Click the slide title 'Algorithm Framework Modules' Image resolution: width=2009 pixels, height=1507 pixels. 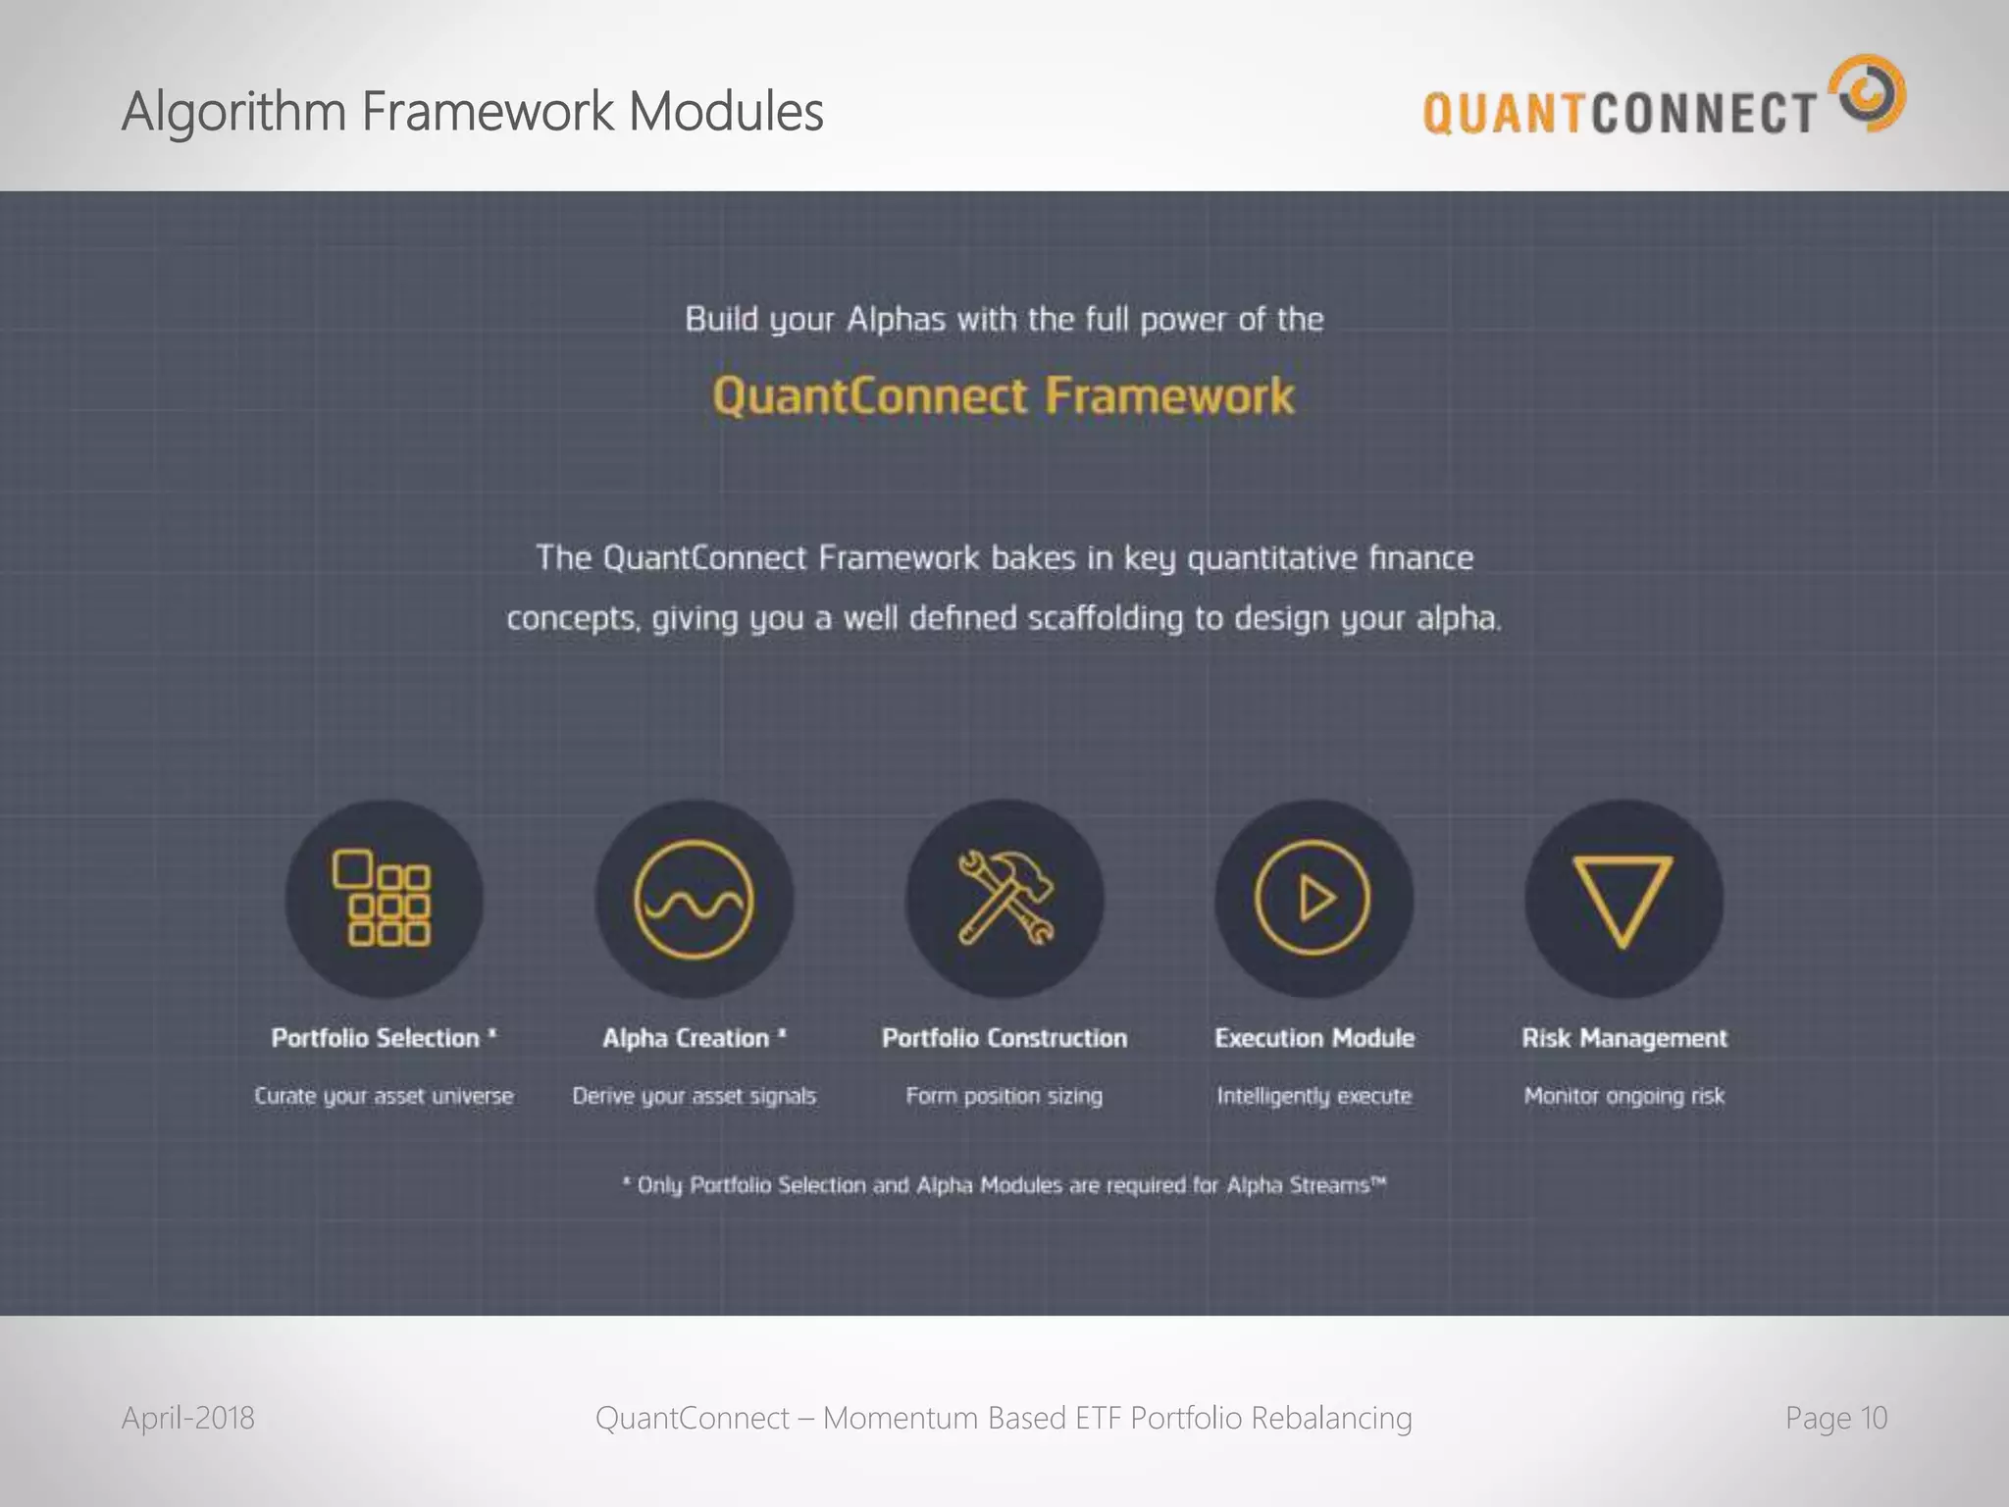[x=472, y=111]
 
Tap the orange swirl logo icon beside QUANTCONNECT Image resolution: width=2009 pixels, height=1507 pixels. [x=1872, y=93]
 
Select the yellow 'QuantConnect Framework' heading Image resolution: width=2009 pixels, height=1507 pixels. [x=1004, y=396]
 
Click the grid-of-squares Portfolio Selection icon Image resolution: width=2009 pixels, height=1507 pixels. [x=384, y=899]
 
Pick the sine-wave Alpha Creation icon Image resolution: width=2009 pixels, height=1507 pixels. [x=694, y=899]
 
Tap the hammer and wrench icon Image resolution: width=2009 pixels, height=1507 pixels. [x=1004, y=899]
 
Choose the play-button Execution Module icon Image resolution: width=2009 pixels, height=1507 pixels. [x=1314, y=899]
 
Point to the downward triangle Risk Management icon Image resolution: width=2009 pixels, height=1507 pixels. [x=1623, y=899]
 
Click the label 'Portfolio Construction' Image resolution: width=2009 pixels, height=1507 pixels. [x=1004, y=1038]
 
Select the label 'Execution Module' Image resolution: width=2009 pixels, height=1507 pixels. [x=1314, y=1038]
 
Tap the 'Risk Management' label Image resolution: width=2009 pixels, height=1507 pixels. [x=1623, y=1038]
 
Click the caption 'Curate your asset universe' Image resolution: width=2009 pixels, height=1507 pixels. [x=384, y=1096]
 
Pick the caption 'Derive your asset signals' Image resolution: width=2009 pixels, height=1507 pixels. [x=694, y=1096]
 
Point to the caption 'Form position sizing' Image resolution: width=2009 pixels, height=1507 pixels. [x=1004, y=1096]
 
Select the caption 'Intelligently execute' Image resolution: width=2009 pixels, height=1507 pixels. [x=1314, y=1096]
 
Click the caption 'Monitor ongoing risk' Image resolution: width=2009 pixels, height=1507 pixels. [x=1623, y=1096]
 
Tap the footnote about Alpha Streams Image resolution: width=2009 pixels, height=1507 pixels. [x=1004, y=1185]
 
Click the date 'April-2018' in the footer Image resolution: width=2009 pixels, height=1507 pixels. [x=188, y=1418]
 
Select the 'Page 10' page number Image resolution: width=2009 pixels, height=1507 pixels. [x=1835, y=1418]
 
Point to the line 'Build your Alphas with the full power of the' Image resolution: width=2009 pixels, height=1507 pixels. [x=1004, y=320]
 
